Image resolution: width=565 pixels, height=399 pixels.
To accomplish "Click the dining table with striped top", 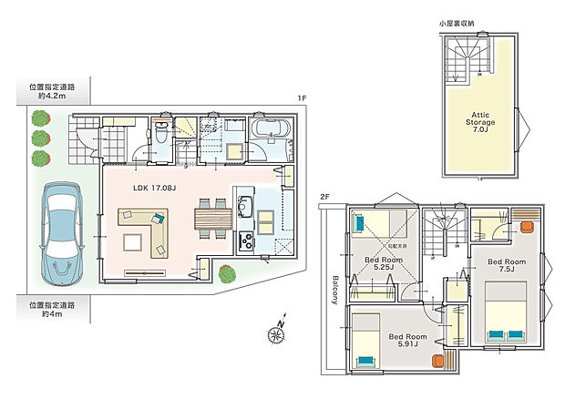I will point(209,220).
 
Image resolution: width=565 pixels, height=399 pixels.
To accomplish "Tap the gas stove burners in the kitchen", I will point(244,240).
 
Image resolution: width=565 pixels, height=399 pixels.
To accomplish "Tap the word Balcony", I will point(335,289).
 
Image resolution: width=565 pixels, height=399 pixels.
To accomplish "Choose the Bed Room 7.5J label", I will point(507,266).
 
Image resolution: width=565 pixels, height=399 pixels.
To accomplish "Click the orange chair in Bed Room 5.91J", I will point(437,358).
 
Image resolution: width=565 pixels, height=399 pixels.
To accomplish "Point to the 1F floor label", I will point(301,98).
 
